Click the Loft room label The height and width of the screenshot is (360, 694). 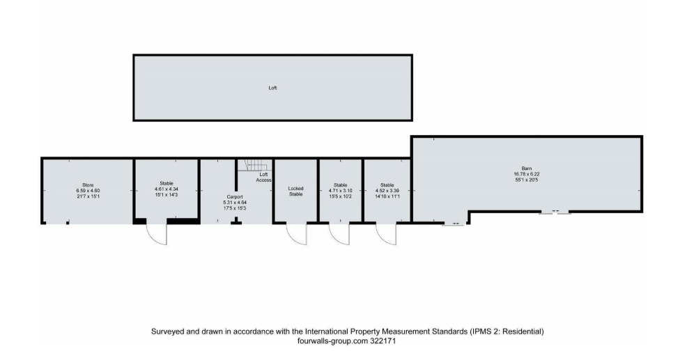(x=272, y=88)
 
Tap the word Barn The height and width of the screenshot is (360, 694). (x=526, y=169)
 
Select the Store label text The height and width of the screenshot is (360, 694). (x=88, y=185)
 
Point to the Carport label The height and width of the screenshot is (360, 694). (x=235, y=197)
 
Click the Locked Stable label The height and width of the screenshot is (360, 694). (x=295, y=191)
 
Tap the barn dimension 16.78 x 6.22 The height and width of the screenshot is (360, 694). (x=526, y=174)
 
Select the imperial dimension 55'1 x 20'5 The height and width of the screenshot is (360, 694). (x=526, y=180)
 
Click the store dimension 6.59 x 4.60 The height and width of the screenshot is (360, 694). (x=88, y=191)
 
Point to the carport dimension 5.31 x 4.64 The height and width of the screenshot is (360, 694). (x=235, y=203)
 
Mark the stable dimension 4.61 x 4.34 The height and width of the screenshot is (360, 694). (x=167, y=189)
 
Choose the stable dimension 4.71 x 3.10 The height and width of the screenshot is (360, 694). (x=340, y=191)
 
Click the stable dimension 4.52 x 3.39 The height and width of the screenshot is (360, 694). (x=387, y=191)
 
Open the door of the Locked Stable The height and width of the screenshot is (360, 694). (x=297, y=235)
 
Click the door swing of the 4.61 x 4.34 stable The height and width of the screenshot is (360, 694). (x=157, y=233)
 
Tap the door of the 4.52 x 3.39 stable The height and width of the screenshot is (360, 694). (x=387, y=235)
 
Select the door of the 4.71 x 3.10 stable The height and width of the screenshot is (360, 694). (x=339, y=235)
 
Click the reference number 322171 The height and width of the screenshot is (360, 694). (x=383, y=341)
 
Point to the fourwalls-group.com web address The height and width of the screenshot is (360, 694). (x=333, y=341)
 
